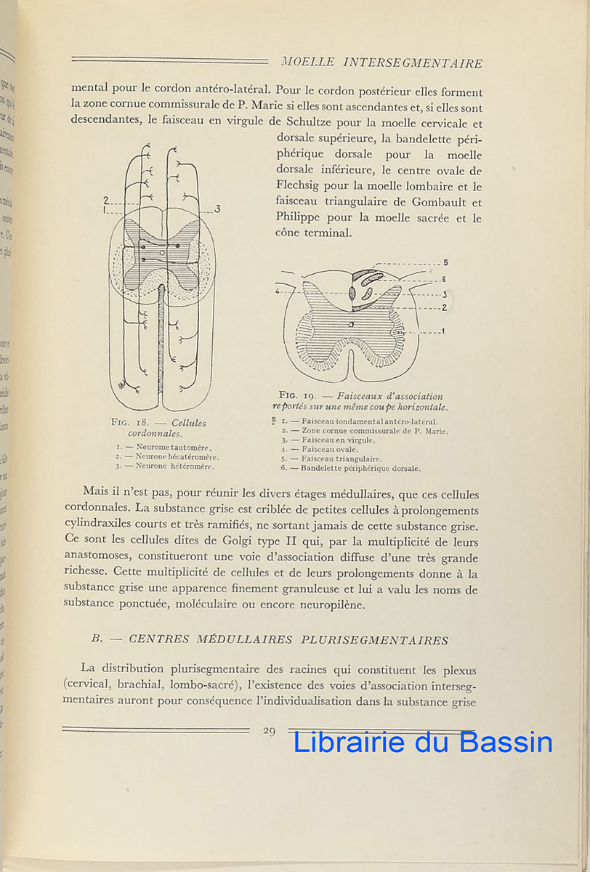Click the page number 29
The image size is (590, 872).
click(x=269, y=730)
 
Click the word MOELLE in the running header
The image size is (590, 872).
click(x=306, y=63)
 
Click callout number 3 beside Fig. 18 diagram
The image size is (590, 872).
click(x=217, y=209)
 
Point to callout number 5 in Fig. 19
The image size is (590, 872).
click(x=445, y=262)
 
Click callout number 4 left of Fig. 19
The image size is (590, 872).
click(x=277, y=291)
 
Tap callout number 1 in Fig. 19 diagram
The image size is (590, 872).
click(x=443, y=331)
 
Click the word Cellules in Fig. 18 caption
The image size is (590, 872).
click(x=188, y=423)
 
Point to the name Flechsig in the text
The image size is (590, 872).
click(x=302, y=187)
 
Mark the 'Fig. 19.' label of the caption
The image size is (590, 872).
click(x=301, y=396)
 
